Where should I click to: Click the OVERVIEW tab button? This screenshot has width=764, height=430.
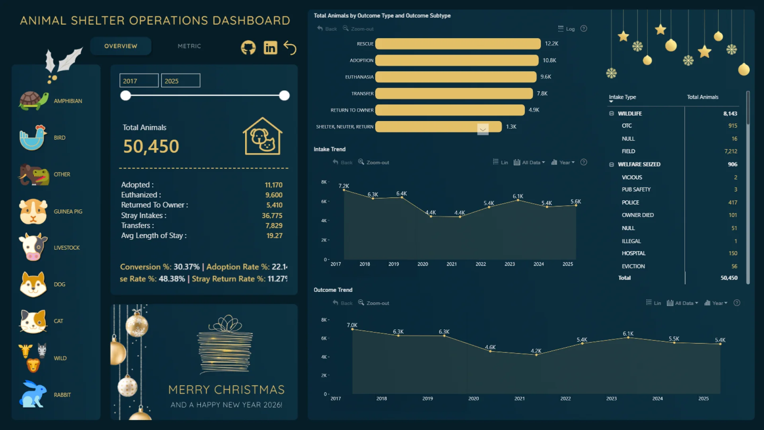coord(121,46)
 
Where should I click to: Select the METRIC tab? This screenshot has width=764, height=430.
coord(189,46)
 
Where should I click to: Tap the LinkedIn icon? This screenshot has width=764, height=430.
coord(270,48)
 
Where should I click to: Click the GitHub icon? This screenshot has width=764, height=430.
coord(248,48)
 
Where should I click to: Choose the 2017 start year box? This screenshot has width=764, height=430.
coord(139,81)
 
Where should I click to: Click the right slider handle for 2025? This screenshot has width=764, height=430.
coord(284,96)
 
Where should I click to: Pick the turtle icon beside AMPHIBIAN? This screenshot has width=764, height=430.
coord(33,101)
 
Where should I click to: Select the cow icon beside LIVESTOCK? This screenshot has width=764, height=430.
coord(33,247)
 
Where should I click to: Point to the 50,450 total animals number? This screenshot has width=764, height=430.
coord(151,147)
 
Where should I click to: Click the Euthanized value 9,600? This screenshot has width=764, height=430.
coord(274,195)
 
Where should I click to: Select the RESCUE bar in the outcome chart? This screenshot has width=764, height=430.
coord(458,44)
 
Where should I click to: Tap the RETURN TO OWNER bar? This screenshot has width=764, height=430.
coord(450,110)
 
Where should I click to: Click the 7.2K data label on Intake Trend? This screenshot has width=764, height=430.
coord(344,186)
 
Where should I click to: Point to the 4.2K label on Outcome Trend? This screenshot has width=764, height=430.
coord(536,351)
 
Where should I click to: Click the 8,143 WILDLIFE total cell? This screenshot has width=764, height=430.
coord(730,113)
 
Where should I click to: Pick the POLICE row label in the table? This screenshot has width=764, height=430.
coord(630,202)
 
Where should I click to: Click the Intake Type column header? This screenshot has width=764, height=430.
coord(622,97)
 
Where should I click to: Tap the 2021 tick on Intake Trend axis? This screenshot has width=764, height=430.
coord(452,264)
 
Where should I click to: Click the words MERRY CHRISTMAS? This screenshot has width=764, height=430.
coord(226,389)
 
